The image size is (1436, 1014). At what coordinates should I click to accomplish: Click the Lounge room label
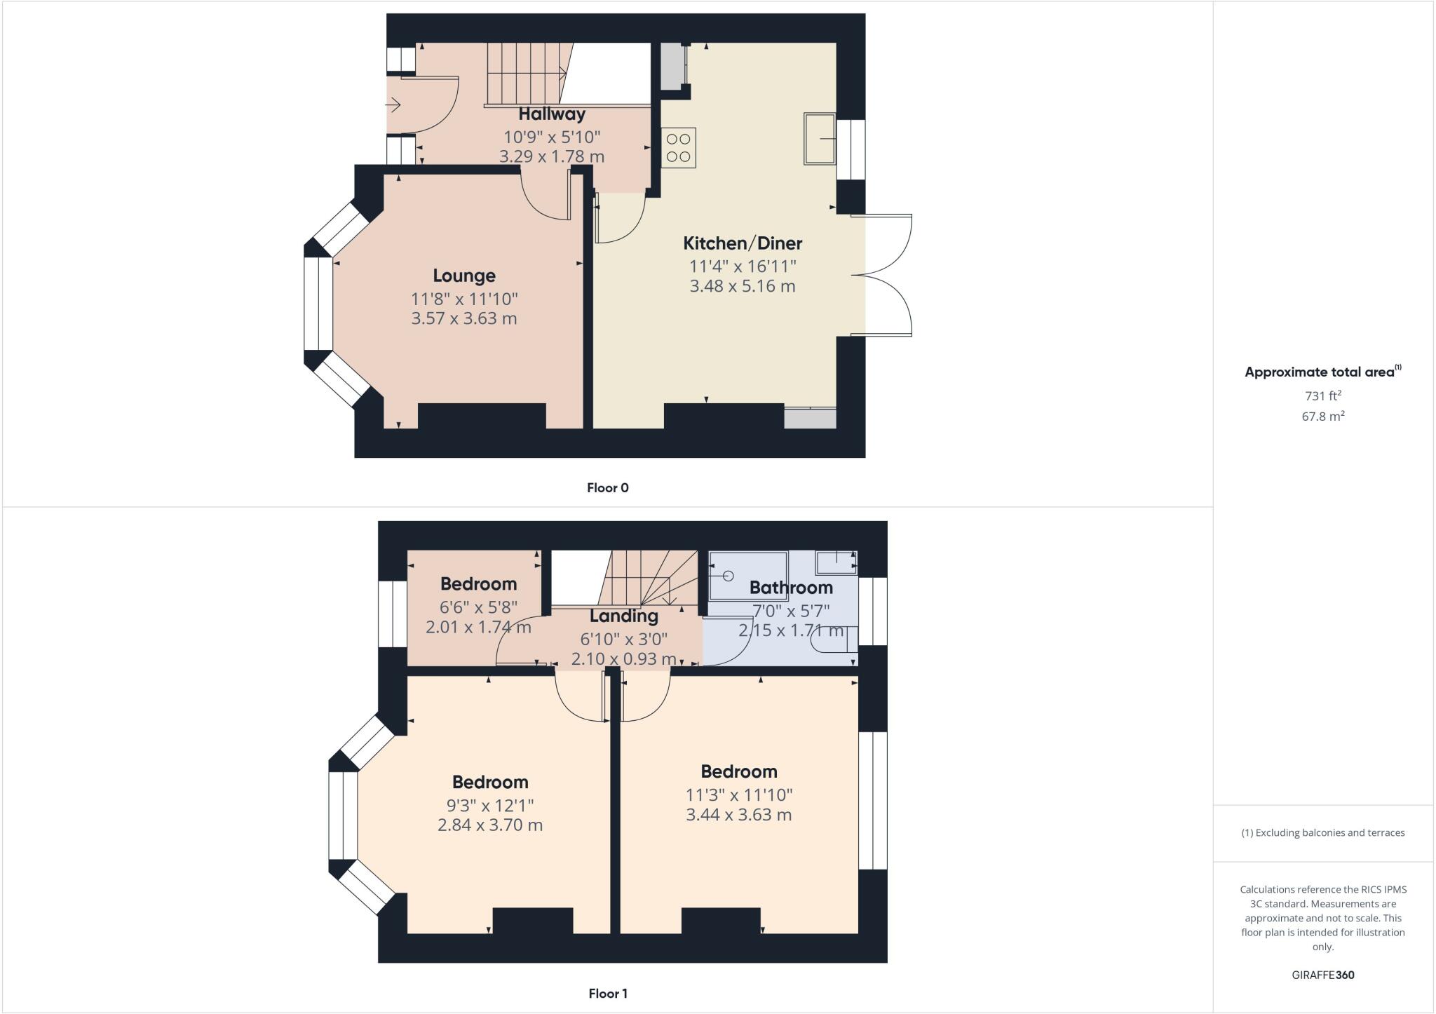coord(463,276)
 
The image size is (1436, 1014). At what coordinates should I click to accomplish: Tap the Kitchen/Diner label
coord(743,243)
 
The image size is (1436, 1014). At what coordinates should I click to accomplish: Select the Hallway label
coord(552,114)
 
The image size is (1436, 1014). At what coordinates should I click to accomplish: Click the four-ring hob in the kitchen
coord(678,148)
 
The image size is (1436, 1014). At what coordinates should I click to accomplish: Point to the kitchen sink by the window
coord(819,138)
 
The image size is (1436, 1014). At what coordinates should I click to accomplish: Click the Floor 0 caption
coord(608,488)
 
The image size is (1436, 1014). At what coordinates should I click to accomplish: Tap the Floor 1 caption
coord(608,993)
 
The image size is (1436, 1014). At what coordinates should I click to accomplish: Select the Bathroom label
coord(791,588)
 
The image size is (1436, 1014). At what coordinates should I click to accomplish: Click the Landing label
coord(623,616)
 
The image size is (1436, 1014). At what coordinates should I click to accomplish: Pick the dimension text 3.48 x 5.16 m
coord(743,286)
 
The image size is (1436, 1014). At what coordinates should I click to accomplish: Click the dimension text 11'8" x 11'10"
coord(464,299)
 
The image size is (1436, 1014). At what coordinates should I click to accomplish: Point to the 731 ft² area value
coord(1322,396)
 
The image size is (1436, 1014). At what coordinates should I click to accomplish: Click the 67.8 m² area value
coord(1322,417)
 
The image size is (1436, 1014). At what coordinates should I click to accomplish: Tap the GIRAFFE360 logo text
coord(1322,975)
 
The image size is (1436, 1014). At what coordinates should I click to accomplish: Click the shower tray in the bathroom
coord(747,576)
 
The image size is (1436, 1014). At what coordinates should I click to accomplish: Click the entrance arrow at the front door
coord(393,106)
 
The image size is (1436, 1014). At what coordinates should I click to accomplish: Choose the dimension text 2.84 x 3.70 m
coord(490,825)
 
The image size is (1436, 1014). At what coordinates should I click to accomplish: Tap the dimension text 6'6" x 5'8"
coord(478,606)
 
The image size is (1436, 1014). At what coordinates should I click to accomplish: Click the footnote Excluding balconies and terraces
coord(1322,833)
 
